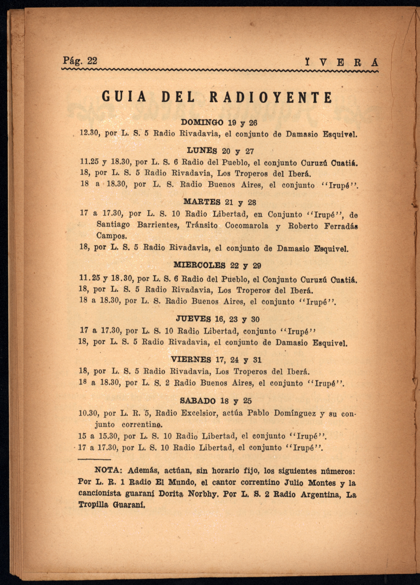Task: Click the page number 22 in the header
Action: coord(92,61)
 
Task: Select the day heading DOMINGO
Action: coord(202,122)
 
